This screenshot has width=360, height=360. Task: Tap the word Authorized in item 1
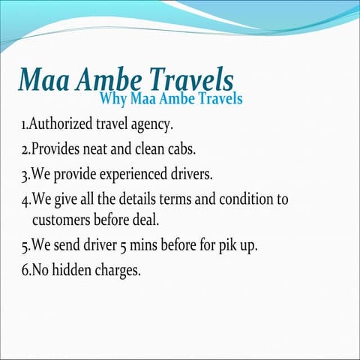63,122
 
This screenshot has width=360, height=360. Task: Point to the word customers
63,220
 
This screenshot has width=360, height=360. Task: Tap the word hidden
76,270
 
